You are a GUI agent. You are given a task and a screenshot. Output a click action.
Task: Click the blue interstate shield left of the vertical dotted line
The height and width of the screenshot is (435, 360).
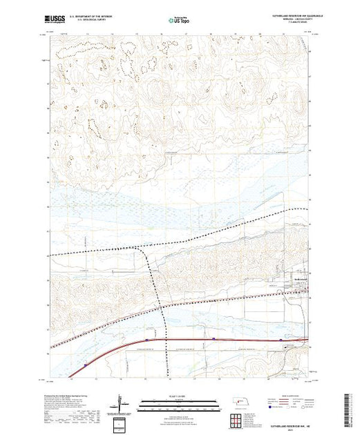pos(147,340)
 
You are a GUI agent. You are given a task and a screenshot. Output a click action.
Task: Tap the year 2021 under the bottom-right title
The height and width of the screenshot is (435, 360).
pos(291,428)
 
